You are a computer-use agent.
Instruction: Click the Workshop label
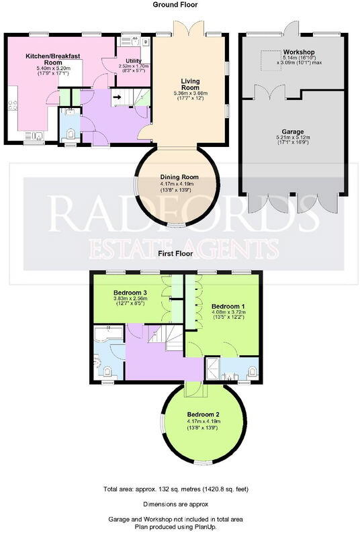pyautogui.click(x=299, y=52)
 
